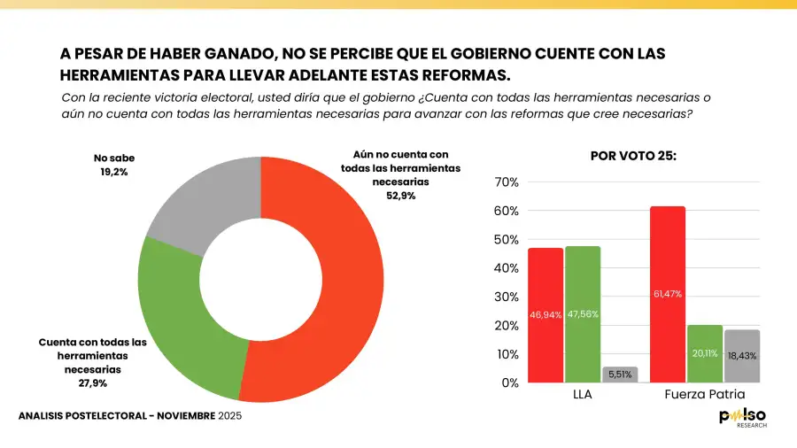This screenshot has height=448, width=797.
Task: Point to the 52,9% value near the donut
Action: [x=400, y=195]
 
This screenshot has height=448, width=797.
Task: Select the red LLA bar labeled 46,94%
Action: [x=545, y=314]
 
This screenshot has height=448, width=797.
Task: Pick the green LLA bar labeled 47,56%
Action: [x=583, y=313]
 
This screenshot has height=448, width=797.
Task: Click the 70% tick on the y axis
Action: [x=507, y=182]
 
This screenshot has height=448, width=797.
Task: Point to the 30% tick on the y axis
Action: [x=507, y=297]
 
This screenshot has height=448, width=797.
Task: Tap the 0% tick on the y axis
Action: [x=509, y=382]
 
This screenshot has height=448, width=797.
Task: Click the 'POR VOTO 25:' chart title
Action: [x=632, y=156]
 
